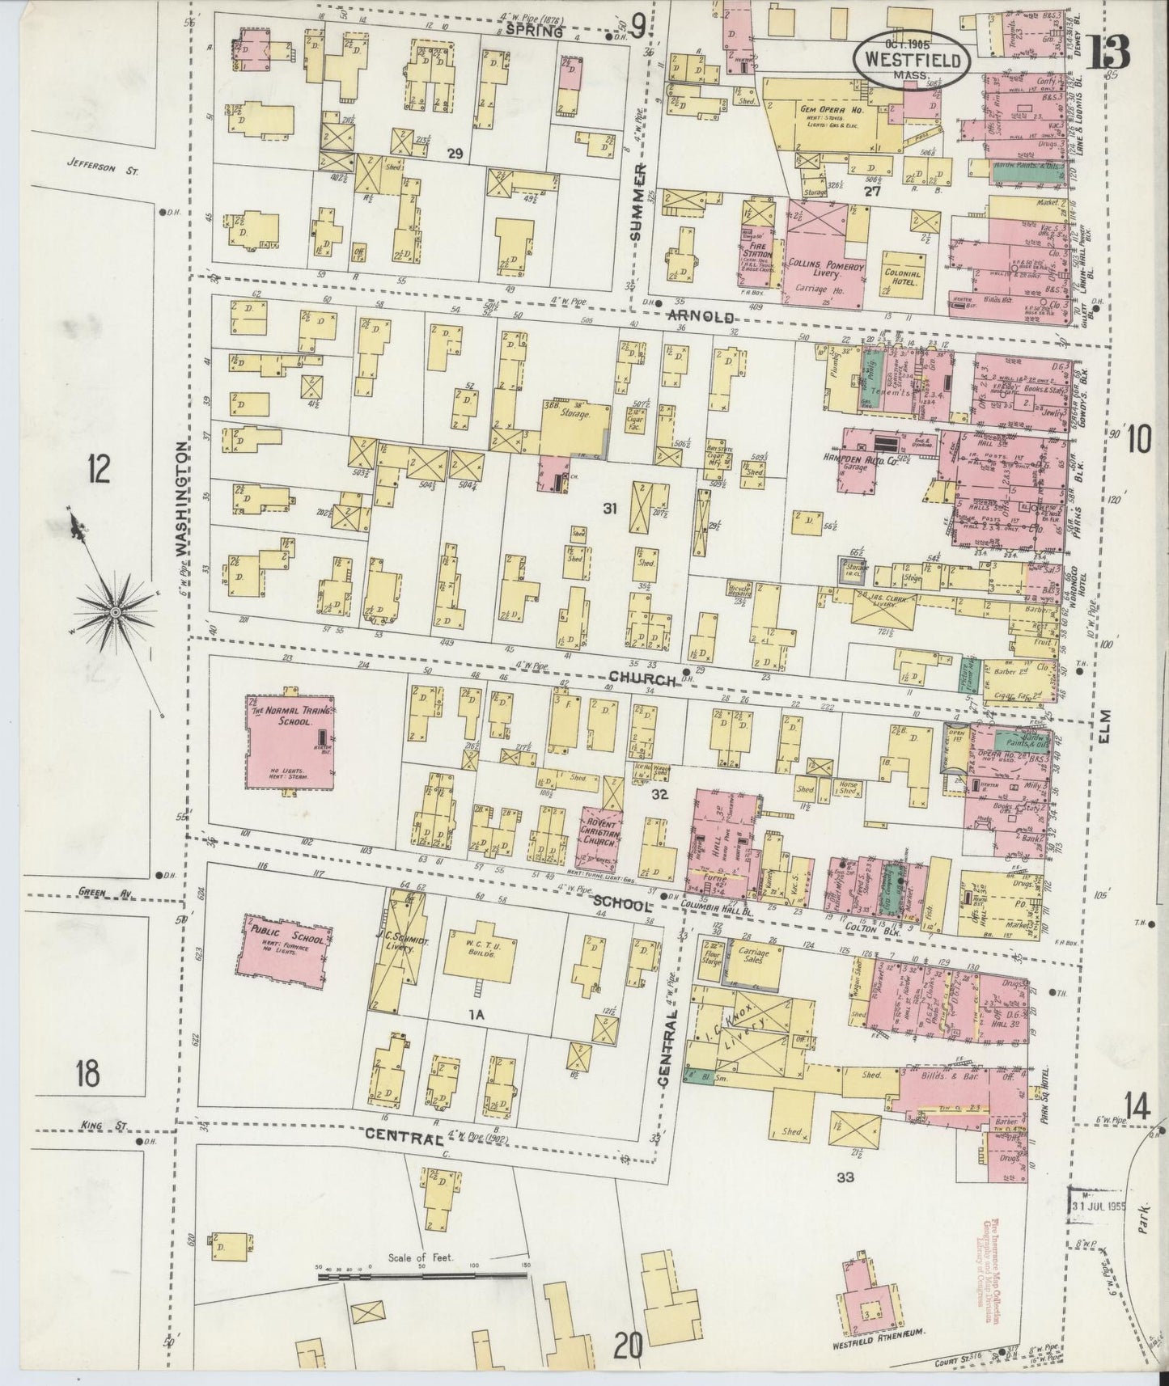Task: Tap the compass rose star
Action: point(115,614)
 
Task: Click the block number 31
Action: point(610,508)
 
